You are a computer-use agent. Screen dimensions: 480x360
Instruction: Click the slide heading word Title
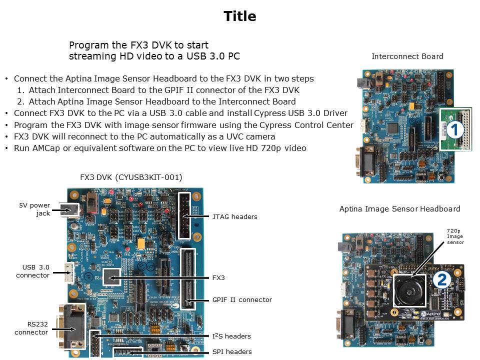[x=239, y=16]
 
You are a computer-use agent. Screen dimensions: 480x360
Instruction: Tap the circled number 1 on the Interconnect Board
[x=455, y=129]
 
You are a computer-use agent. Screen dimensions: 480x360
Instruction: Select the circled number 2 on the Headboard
[x=441, y=279]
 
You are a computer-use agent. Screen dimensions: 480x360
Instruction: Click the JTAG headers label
[x=235, y=216]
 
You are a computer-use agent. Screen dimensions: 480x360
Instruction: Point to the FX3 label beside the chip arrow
[x=218, y=277]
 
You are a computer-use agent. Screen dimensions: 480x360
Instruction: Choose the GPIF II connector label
[x=242, y=299]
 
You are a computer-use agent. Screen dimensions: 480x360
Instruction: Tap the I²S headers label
[x=231, y=336]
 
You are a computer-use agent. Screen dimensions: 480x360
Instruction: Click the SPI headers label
[x=232, y=351]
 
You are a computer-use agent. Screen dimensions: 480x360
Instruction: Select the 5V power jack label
[x=34, y=209]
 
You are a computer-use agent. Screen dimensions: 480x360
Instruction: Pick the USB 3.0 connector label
[x=33, y=271]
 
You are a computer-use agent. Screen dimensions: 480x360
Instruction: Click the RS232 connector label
[x=31, y=328]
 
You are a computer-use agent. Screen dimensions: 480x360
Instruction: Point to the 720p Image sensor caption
[x=455, y=236]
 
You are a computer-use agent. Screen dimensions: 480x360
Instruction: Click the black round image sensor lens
[x=409, y=290]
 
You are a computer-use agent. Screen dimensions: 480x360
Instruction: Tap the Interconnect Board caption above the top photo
[x=407, y=56]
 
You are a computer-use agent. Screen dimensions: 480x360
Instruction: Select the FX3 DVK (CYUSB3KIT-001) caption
[x=131, y=177]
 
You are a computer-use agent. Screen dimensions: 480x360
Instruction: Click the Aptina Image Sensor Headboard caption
[x=399, y=209]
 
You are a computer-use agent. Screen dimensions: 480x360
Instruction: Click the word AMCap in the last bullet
[x=46, y=148]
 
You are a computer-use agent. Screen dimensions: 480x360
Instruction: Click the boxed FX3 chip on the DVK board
[x=111, y=276]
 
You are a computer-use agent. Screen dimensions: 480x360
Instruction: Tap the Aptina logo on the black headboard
[x=430, y=314]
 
